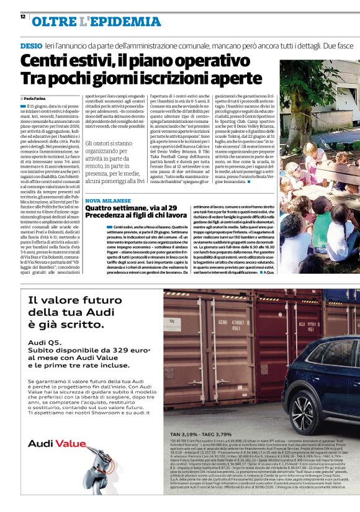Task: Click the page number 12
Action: (x=22, y=17)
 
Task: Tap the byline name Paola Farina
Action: (x=37, y=98)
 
